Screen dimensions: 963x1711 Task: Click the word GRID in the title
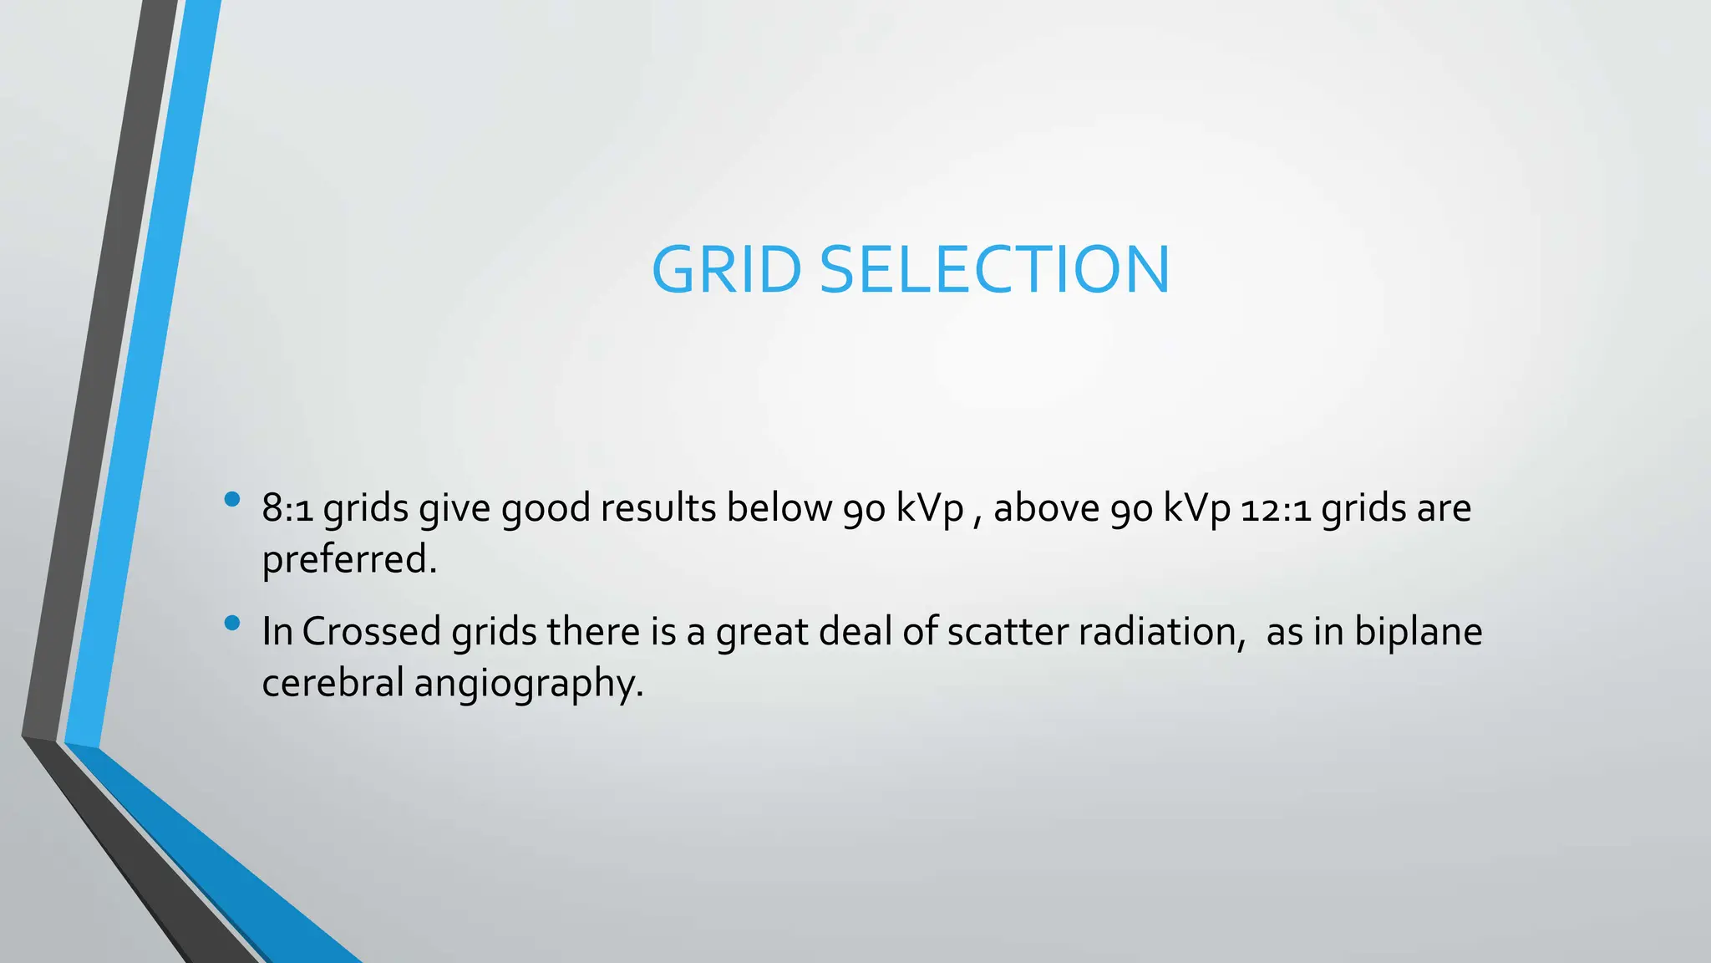tap(726, 270)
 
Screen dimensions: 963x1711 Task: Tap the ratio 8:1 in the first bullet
tap(287, 508)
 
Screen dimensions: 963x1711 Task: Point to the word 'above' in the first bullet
tap(1046, 507)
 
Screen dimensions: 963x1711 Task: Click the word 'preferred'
tap(348, 559)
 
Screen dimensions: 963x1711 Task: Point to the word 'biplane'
tap(1418, 631)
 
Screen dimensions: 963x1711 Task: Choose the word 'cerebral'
tap(333, 682)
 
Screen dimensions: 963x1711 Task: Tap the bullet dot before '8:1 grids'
tap(232, 500)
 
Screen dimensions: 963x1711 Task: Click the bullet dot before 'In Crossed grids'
tap(232, 623)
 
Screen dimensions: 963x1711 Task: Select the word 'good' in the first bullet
tap(546, 509)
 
